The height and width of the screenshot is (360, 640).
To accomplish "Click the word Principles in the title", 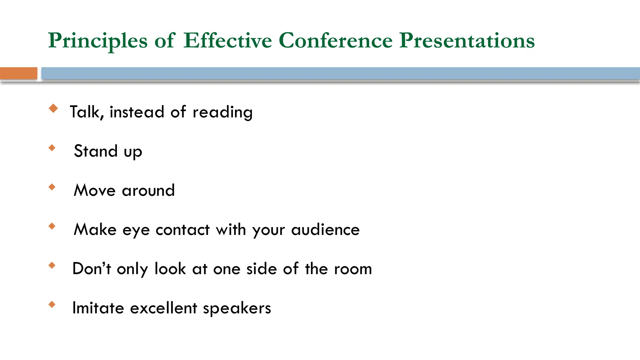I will click(x=98, y=41).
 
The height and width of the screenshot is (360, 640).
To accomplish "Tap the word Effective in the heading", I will click(x=227, y=41).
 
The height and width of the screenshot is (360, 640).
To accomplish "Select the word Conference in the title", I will click(x=335, y=41).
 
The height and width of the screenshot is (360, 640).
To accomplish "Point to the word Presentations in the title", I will click(x=467, y=41).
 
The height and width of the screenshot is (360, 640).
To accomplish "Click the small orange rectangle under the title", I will click(x=18, y=73).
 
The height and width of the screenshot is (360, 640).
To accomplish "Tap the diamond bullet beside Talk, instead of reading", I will click(x=53, y=108).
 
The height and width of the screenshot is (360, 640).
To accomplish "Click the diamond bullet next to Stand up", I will click(x=52, y=147).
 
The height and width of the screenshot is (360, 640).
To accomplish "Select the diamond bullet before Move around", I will click(x=52, y=187).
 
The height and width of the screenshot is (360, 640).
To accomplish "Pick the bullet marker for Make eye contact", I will click(x=52, y=226).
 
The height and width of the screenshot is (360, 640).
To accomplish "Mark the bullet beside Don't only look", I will click(x=52, y=265).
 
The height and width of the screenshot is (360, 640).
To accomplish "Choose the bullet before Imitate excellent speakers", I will click(x=52, y=304).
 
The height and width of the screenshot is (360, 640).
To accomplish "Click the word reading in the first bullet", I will click(x=222, y=112).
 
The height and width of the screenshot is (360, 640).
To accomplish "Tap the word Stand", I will click(x=96, y=151).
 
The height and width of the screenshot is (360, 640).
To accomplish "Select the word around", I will click(x=148, y=191).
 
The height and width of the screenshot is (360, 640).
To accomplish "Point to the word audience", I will click(x=325, y=230).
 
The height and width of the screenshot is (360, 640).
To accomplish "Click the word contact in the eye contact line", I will click(x=182, y=230).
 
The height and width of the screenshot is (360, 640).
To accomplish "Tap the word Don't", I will click(x=92, y=269).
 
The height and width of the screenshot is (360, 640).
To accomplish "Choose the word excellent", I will click(x=163, y=308).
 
